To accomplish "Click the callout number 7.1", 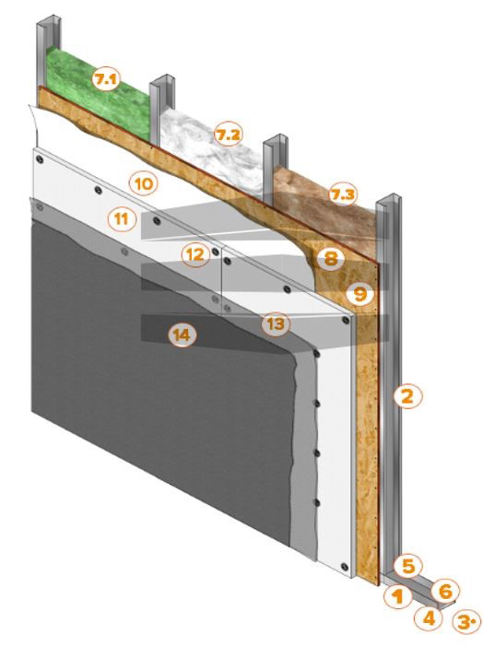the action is (x=105, y=79).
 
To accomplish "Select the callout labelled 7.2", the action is (x=228, y=135).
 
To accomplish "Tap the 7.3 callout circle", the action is (x=343, y=194).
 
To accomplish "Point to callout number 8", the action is (x=331, y=259).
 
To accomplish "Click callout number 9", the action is (x=360, y=294).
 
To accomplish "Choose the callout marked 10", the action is (x=144, y=183).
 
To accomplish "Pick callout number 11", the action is (x=122, y=219).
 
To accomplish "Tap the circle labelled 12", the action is (x=195, y=254).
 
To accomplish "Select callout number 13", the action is (x=276, y=323).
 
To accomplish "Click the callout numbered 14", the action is (x=183, y=335).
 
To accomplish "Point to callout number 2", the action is (x=407, y=397).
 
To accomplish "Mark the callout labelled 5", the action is (x=407, y=566).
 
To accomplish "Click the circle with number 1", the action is (x=397, y=596).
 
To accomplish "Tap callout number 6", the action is (x=445, y=592).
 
